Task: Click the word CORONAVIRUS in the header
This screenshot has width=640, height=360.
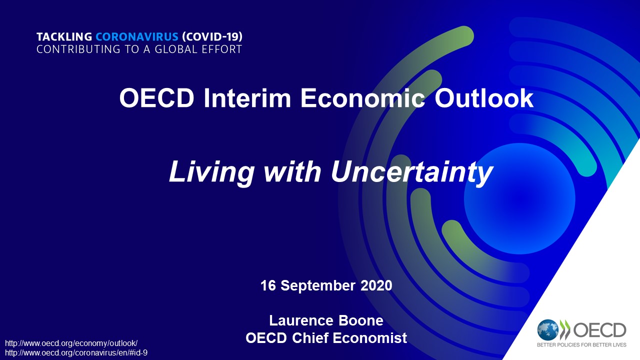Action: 137,37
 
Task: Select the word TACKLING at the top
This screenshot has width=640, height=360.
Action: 64,37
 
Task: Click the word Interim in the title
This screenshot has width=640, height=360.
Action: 247,98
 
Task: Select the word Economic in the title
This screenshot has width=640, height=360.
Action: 363,98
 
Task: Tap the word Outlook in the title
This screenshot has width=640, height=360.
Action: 484,98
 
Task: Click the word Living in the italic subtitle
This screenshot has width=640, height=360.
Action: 211,172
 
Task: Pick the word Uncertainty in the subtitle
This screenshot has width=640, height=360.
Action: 412,172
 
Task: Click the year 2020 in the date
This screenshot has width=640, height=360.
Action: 376,285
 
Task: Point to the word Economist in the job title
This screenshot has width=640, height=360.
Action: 369,338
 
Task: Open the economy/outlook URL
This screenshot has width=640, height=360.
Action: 71,343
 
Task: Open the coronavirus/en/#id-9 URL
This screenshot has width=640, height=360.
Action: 76,353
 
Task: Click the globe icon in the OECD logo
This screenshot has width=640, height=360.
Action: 547,330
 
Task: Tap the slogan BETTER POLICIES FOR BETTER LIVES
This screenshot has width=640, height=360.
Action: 581,345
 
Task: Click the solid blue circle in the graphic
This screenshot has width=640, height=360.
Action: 519,198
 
